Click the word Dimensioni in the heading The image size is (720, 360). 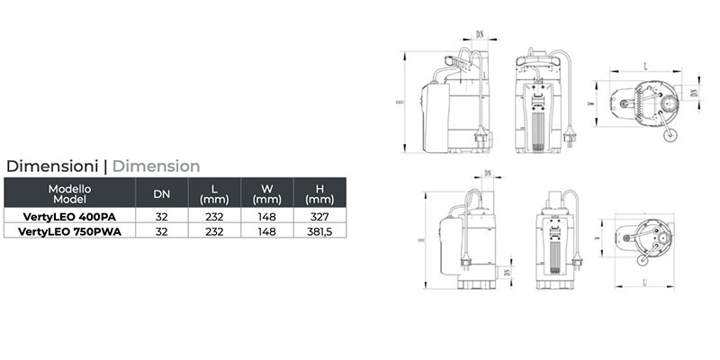(52, 166)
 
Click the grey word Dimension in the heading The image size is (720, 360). (156, 166)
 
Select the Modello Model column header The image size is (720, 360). (69, 193)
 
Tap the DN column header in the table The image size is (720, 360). (161, 193)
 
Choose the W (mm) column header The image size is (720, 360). (265, 193)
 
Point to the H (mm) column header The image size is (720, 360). (314, 193)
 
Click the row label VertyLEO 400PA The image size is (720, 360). (69, 217)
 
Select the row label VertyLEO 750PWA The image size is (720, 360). (69, 231)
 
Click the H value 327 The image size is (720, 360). (314, 217)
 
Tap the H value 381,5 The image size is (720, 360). (314, 231)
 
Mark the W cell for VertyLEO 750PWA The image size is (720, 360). (265, 231)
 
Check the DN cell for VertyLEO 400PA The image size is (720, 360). (161, 217)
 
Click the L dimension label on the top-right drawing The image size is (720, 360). (647, 67)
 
